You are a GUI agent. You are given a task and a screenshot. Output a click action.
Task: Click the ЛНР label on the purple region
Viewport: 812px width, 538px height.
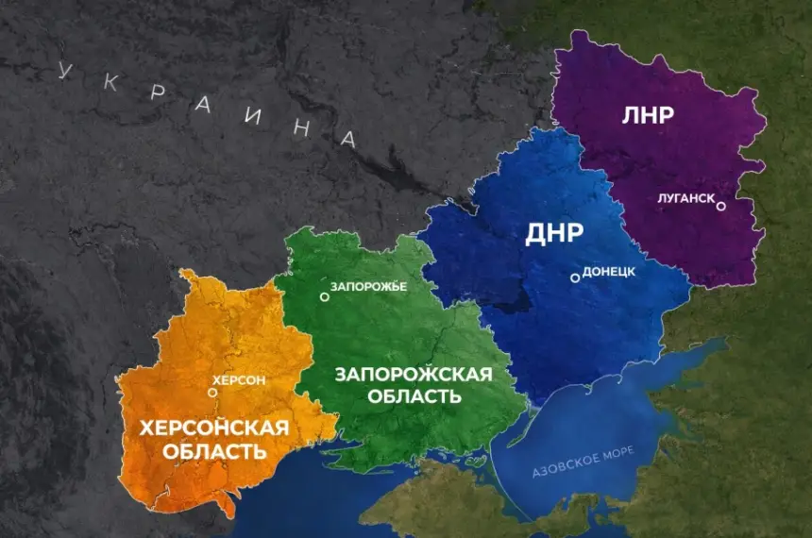tap(648, 116)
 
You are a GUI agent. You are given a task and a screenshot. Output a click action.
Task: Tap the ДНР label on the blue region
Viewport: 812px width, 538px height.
tap(554, 235)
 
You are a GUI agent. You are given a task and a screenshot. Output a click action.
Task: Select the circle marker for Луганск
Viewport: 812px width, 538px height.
tap(720, 206)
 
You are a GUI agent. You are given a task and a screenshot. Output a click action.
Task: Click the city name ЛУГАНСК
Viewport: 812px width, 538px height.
tap(685, 200)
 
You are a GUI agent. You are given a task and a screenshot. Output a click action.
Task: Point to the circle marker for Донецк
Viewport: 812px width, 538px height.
tap(574, 277)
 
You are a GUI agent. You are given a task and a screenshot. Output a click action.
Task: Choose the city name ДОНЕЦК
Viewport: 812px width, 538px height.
tap(609, 271)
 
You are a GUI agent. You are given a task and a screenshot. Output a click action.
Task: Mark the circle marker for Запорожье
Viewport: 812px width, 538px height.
tap(324, 296)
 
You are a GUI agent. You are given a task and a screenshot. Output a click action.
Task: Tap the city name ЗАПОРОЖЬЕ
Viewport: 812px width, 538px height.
tap(368, 285)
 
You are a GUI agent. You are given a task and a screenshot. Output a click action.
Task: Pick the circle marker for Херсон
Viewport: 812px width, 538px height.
tap(212, 392)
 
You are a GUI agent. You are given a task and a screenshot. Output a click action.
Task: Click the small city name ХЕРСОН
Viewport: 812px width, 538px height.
tap(240, 380)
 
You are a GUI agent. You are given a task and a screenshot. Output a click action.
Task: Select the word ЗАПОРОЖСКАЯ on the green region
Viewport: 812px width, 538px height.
tap(414, 375)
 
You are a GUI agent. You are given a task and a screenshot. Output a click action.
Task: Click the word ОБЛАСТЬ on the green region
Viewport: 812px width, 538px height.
tap(414, 397)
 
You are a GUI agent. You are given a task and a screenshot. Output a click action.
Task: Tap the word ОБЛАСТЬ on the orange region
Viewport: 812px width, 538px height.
tap(213, 452)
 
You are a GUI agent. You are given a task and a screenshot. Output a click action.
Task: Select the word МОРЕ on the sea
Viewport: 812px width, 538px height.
tap(624, 443)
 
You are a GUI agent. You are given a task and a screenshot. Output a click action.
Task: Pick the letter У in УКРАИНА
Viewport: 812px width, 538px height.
tap(65, 70)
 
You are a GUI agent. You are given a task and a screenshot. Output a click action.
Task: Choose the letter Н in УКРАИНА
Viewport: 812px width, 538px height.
tap(300, 128)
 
